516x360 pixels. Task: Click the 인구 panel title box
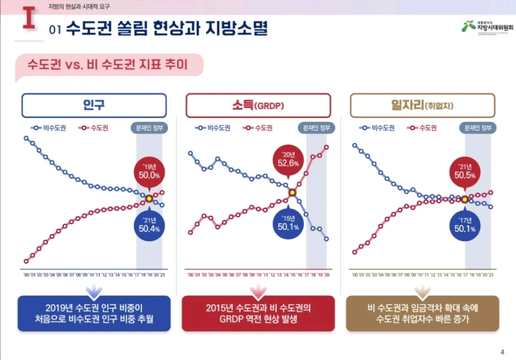(x=94, y=105)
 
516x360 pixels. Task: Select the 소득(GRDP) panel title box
(x=258, y=105)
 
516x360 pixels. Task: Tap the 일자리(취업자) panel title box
(x=423, y=105)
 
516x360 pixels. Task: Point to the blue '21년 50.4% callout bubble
(x=149, y=225)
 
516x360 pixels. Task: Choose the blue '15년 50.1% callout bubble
(x=288, y=224)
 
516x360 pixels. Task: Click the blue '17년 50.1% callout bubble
(x=465, y=225)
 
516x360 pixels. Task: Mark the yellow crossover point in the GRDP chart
(x=292, y=193)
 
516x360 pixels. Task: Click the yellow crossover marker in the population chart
(x=149, y=199)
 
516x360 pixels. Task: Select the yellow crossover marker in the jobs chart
(x=465, y=199)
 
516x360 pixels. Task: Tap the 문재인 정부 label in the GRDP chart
(x=316, y=128)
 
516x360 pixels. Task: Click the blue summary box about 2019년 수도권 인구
(x=94, y=313)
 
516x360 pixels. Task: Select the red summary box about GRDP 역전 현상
(x=258, y=313)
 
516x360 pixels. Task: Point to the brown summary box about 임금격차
(x=423, y=313)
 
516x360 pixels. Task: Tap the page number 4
(x=502, y=352)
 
